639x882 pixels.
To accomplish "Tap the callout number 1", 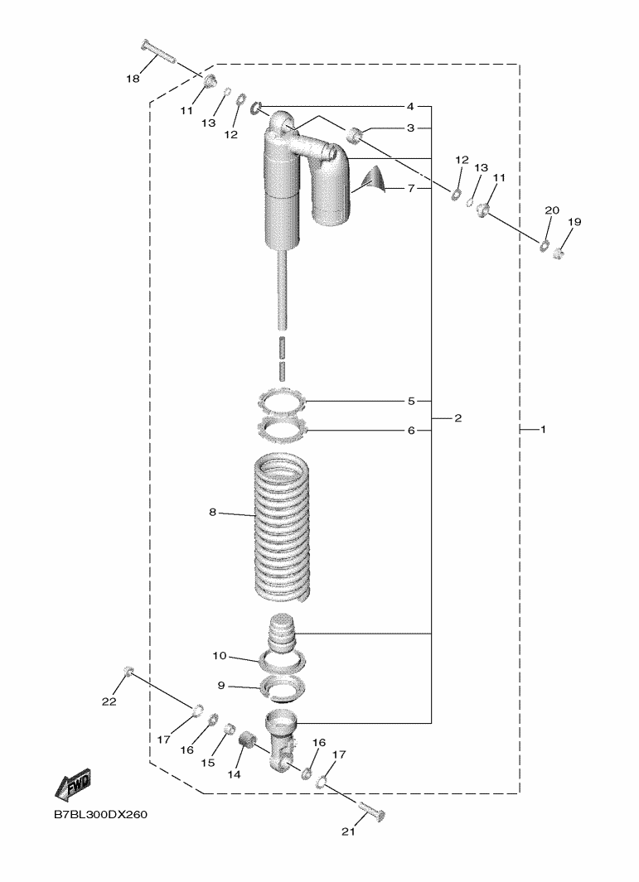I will click(x=543, y=430).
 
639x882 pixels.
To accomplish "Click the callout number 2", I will click(x=457, y=417).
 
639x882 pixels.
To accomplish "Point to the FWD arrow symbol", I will click(x=72, y=783).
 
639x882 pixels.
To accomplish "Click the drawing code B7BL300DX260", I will click(x=100, y=815).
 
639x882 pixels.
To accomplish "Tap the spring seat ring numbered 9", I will click(x=281, y=687).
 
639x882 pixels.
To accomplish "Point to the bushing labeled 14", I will click(x=245, y=740).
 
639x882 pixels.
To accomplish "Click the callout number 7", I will click(x=410, y=188).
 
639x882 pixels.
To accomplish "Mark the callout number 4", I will click(x=410, y=107).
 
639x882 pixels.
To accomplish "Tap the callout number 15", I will click(x=207, y=762).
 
